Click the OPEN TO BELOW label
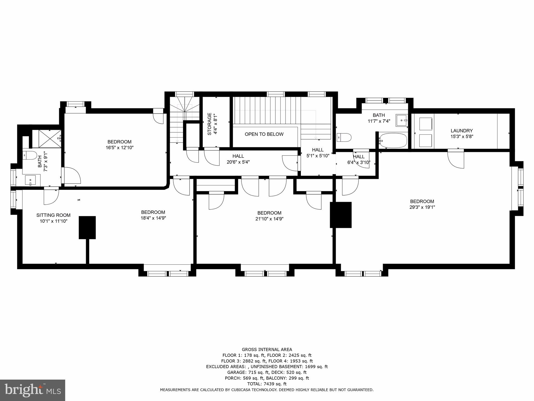coord(264,134)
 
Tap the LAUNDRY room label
coord(462,131)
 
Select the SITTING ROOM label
coord(53,215)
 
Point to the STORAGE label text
coord(209,124)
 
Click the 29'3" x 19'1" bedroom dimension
coord(422,207)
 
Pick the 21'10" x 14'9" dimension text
coord(269,219)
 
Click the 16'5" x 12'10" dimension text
coord(119,148)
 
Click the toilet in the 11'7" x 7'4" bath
coord(344,137)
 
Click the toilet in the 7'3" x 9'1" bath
coord(29,156)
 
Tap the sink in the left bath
coord(31,180)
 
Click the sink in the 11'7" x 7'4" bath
coord(402,120)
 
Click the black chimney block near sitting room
coord(87,227)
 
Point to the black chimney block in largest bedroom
coord(341,215)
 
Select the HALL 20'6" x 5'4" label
coord(238,159)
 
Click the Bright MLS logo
coord(33,390)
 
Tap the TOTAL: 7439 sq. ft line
coord(267,384)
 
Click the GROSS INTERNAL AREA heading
coord(267,350)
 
